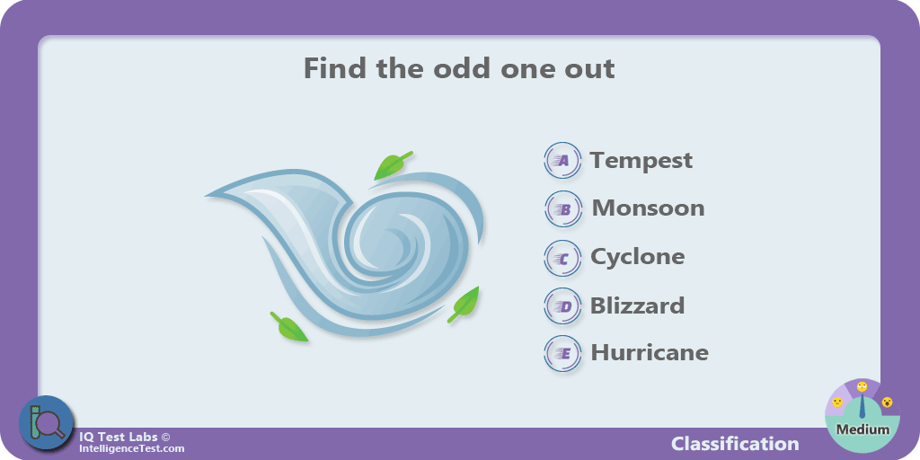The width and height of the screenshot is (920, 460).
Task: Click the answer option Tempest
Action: pos(641,161)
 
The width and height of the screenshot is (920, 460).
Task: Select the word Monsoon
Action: pos(648,208)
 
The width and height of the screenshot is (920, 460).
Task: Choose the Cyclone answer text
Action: pos(637,257)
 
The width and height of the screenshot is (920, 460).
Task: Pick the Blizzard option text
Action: pos(637,305)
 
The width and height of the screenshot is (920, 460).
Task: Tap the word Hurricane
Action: pos(650,352)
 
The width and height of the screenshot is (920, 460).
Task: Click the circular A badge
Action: pos(562,160)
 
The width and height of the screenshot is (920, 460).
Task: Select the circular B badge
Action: pos(563,208)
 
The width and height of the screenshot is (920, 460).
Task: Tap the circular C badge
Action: pos(562,258)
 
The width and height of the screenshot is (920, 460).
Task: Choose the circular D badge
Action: pos(562,306)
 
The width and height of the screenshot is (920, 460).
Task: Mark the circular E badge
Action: pos(562,353)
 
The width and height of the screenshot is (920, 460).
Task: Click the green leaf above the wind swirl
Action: pos(392,165)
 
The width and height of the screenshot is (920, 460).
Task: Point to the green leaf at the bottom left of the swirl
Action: pos(288,327)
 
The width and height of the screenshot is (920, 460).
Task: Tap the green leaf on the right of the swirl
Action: pos(464,304)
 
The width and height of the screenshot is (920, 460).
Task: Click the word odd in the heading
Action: pos(463,68)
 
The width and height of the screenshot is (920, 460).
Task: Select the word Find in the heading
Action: pos(335,68)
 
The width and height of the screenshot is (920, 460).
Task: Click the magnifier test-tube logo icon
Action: pos(47,422)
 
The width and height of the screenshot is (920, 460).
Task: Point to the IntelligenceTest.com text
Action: pos(132,449)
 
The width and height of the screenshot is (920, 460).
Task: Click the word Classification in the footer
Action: pos(735,444)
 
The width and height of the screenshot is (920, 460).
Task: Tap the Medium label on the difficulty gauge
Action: pos(862,429)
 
